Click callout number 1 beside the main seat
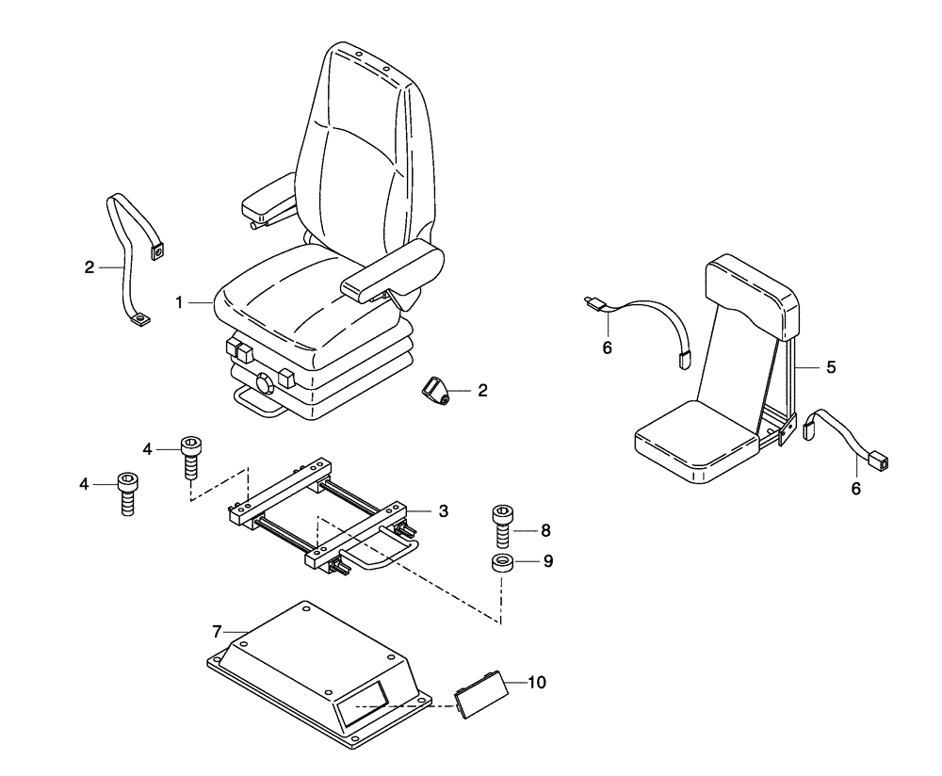click(178, 302)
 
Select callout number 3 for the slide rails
click(443, 511)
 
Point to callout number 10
click(536, 680)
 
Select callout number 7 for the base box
click(216, 628)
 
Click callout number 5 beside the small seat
click(831, 367)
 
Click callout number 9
click(547, 561)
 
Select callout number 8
click(546, 530)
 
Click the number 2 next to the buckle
click(482, 390)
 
